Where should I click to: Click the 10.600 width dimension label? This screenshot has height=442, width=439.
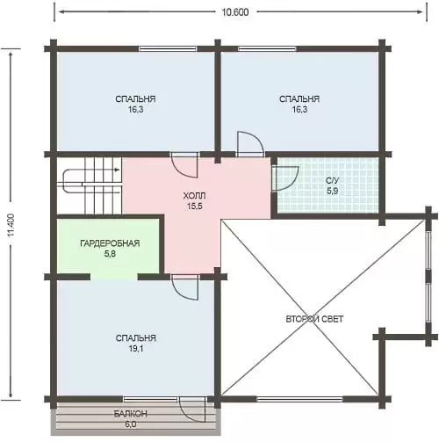click(x=235, y=12)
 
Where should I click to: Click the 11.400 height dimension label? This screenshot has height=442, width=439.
click(x=11, y=225)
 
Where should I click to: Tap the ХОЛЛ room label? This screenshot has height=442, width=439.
click(x=194, y=195)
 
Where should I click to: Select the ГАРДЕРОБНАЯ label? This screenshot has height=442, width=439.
click(x=110, y=243)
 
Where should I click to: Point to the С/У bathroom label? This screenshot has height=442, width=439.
click(x=333, y=180)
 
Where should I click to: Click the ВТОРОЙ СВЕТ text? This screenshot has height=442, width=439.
click(x=314, y=319)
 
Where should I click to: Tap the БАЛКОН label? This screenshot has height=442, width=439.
click(x=131, y=414)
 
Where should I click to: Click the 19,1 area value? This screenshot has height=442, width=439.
click(x=136, y=349)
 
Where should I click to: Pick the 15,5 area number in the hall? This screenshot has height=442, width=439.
click(x=195, y=207)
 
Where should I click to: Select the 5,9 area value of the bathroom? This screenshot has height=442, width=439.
click(x=333, y=192)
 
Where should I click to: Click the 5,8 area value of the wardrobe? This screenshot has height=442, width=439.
click(x=110, y=254)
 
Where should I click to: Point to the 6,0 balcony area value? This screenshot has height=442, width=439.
click(x=131, y=424)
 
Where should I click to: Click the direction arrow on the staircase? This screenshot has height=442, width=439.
click(x=117, y=170)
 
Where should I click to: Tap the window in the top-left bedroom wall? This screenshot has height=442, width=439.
click(x=168, y=48)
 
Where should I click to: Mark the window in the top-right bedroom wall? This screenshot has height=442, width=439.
click(x=267, y=48)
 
